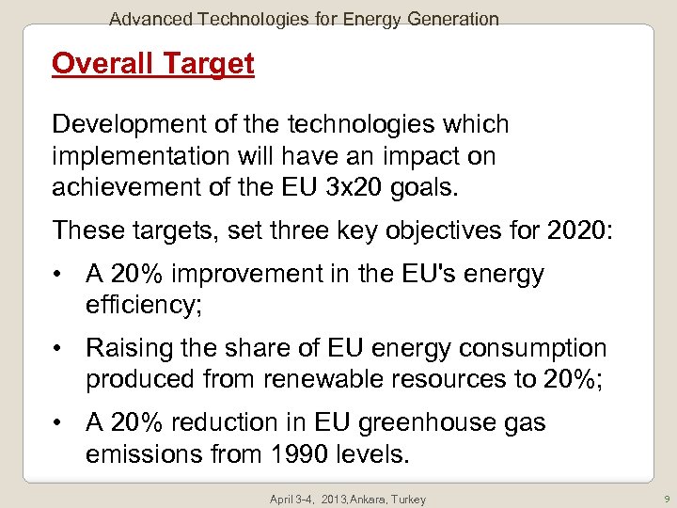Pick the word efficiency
pyautogui.click(x=141, y=304)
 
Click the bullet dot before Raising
pyautogui.click(x=58, y=349)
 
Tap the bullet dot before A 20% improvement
pyautogui.click(x=58, y=275)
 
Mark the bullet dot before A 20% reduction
pyautogui.click(x=58, y=423)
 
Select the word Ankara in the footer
pyautogui.click(x=360, y=500)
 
